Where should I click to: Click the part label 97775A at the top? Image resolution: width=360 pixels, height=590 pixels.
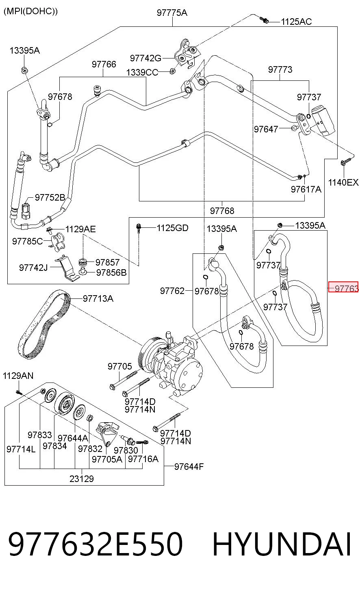tap(172, 12)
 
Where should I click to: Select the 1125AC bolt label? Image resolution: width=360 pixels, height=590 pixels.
tap(296, 22)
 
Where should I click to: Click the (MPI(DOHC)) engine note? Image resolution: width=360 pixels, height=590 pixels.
tap(30, 11)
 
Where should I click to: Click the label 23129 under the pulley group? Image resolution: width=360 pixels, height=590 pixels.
tap(82, 479)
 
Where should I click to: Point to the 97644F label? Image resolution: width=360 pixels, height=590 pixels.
tap(189, 467)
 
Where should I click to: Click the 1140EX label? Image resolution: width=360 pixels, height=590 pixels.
tap(343, 182)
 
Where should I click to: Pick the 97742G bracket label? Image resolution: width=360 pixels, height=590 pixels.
tap(145, 58)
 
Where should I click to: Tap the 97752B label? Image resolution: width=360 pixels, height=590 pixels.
tap(50, 197)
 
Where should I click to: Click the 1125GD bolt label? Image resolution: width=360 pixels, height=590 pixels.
tap(172, 228)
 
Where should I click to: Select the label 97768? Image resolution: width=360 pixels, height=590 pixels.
tap(222, 210)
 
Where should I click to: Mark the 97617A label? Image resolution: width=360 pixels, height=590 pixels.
tap(306, 189)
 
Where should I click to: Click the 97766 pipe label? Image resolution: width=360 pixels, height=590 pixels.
tap(104, 64)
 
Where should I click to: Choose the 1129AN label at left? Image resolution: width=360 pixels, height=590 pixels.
tap(18, 375)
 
